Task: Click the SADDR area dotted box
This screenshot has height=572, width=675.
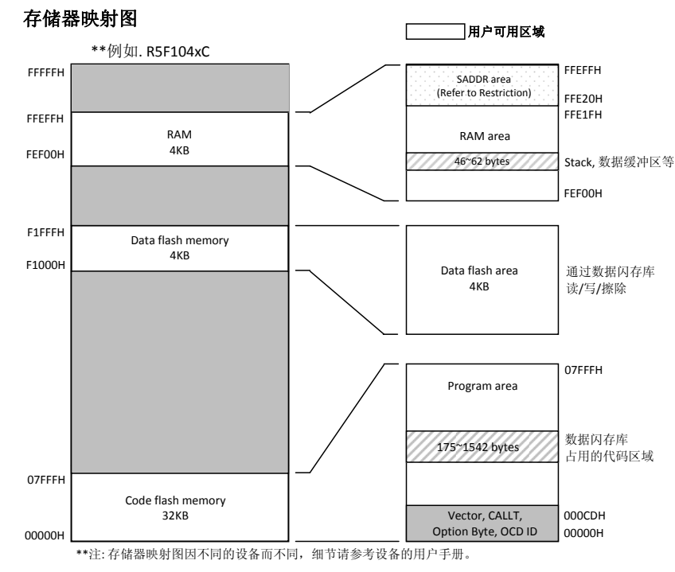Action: click(x=478, y=86)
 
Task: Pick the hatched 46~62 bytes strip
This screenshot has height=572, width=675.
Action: click(x=478, y=162)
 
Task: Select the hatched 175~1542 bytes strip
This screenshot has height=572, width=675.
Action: click(x=478, y=447)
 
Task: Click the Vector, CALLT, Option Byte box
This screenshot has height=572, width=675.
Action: click(x=478, y=521)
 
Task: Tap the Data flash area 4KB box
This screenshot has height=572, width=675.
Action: click(x=478, y=278)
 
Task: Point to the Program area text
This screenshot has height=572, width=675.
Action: click(x=478, y=387)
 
